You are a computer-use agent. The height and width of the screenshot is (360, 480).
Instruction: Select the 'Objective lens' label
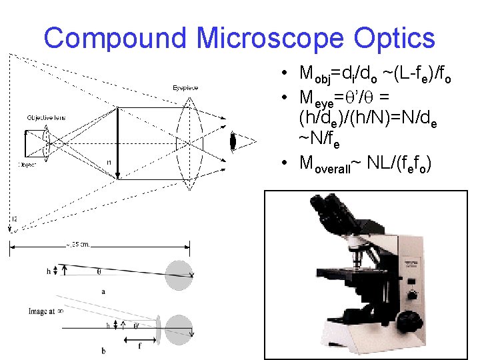pos(46,117)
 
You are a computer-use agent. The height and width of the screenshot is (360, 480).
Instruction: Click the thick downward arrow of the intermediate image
pos(118,143)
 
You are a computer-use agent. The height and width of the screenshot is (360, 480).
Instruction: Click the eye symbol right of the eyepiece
pos(233,141)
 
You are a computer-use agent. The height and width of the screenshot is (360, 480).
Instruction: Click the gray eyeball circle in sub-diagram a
pos(179,275)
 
